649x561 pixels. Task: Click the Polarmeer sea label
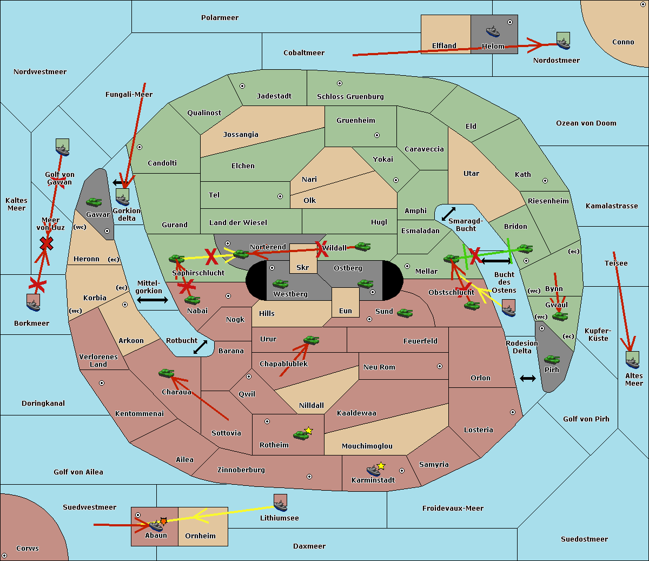[220, 18]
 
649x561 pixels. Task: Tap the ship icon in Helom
[492, 31]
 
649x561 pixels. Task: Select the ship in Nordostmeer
[563, 41]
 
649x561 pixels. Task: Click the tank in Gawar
[94, 202]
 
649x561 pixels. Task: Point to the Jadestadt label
[274, 96]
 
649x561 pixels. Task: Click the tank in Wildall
[362, 247]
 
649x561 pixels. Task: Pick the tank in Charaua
[166, 373]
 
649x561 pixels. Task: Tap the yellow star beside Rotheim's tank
[309, 431]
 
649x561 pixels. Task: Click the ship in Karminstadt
[373, 470]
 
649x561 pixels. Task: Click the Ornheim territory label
[200, 536]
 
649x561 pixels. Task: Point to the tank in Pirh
[552, 359]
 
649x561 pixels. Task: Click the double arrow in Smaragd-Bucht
[449, 214]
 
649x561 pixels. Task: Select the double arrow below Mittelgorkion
[153, 300]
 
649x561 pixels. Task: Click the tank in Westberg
[280, 283]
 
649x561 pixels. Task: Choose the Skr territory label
[303, 267]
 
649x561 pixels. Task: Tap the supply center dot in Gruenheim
[377, 135]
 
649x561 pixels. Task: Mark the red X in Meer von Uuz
[47, 243]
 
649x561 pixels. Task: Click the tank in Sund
[405, 313]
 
